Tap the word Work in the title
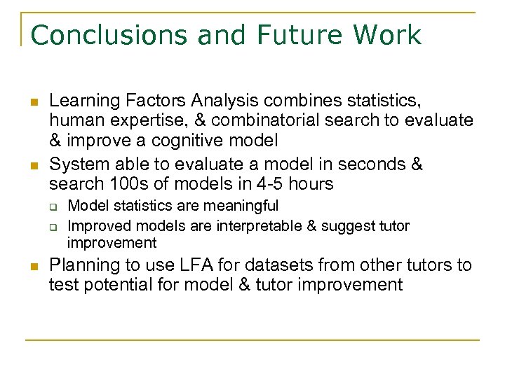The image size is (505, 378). pyautogui.click(x=387, y=35)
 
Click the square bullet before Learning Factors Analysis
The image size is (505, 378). pyautogui.click(x=32, y=104)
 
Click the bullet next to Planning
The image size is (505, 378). pyautogui.click(x=32, y=267)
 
